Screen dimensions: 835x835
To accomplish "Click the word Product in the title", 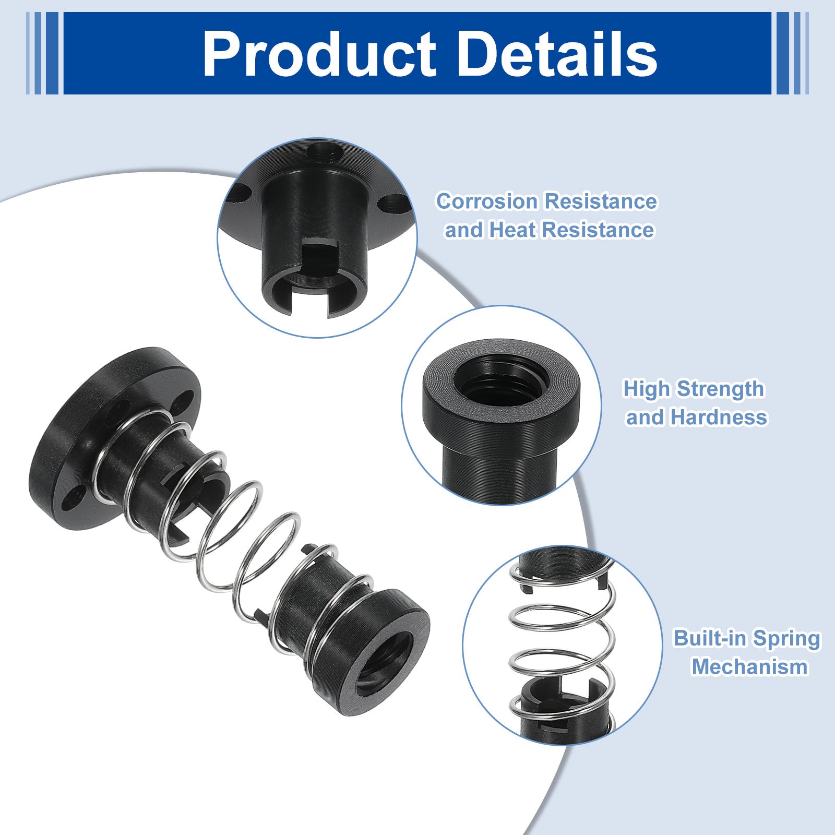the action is (x=319, y=54).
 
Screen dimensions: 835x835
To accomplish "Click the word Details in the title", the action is (x=559, y=54).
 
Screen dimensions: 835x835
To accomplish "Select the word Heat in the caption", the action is (x=511, y=230).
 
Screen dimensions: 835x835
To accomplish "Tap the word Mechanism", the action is (x=750, y=667).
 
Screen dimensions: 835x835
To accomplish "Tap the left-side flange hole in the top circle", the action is (x=241, y=195).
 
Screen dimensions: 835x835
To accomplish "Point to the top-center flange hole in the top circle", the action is (x=324, y=152).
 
